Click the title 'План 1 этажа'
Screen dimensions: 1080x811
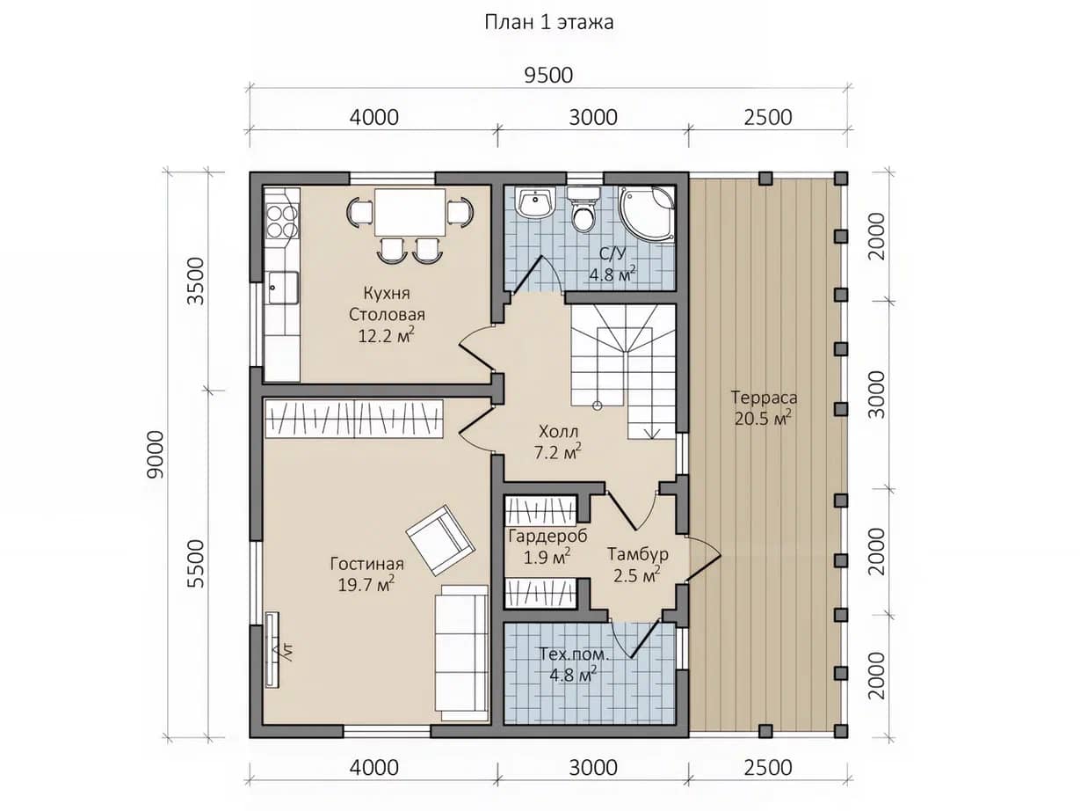(549, 23)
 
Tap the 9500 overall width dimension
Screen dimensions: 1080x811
(548, 76)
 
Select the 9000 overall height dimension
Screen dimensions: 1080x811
(156, 454)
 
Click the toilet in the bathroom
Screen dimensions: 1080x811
(583, 208)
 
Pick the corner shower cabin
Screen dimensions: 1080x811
(647, 214)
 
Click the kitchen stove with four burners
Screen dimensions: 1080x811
(282, 222)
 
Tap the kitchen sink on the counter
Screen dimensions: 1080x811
(282, 288)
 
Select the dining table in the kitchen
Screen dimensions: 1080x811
(410, 212)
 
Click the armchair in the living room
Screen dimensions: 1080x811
(440, 540)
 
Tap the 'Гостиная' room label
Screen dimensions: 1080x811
(367, 563)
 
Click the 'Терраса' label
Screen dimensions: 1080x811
(764, 398)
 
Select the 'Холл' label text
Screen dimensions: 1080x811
(558, 432)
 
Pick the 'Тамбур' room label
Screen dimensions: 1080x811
(637, 554)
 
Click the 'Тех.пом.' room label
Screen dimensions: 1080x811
(574, 654)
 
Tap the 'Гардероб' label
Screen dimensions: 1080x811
(547, 536)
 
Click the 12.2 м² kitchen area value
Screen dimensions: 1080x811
(386, 335)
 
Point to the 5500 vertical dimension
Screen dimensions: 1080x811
(196, 564)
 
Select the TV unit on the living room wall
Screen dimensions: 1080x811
(272, 649)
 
